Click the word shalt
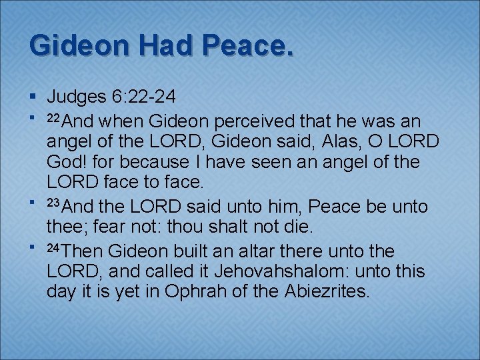coord(227,228)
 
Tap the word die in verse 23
coord(297,228)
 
